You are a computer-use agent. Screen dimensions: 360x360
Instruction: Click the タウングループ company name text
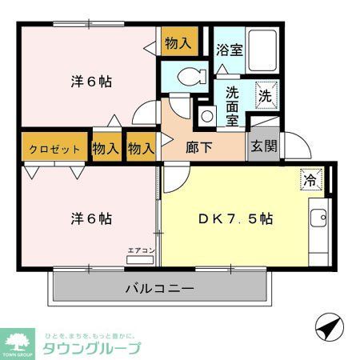tap(93, 348)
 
